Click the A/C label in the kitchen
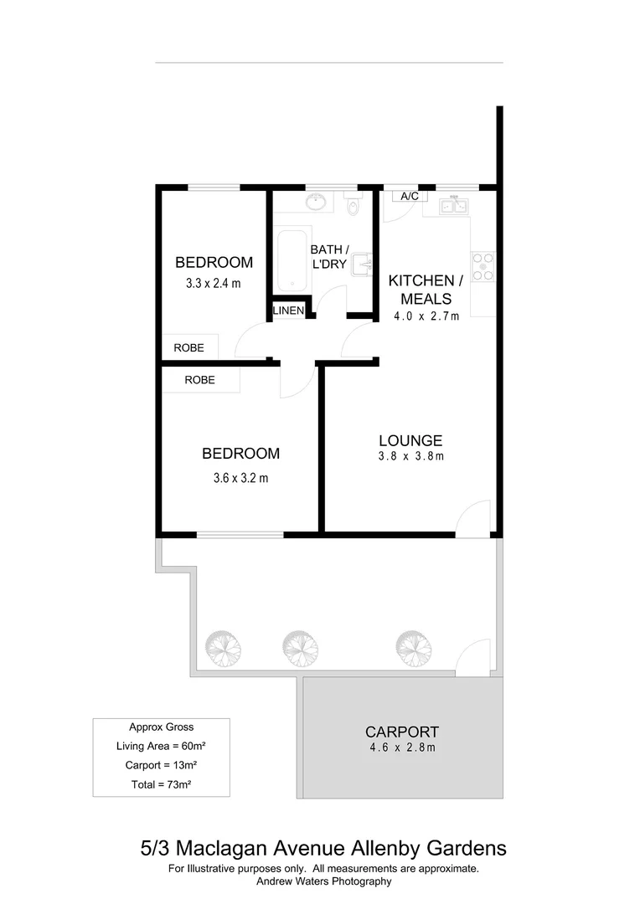click(410, 196)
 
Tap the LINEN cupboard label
click(288, 311)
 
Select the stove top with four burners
click(483, 266)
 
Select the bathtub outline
click(292, 259)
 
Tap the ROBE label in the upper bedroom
click(188, 347)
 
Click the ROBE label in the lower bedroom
click(199, 380)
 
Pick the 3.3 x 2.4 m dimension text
click(213, 283)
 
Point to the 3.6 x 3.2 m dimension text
click(240, 479)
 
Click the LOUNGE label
click(410, 440)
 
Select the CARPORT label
click(402, 732)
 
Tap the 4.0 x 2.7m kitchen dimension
click(426, 316)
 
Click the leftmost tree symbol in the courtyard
click(223, 646)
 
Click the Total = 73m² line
click(161, 784)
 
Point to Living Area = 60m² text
click(161, 746)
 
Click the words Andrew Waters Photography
click(323, 881)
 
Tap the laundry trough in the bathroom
click(362, 265)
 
